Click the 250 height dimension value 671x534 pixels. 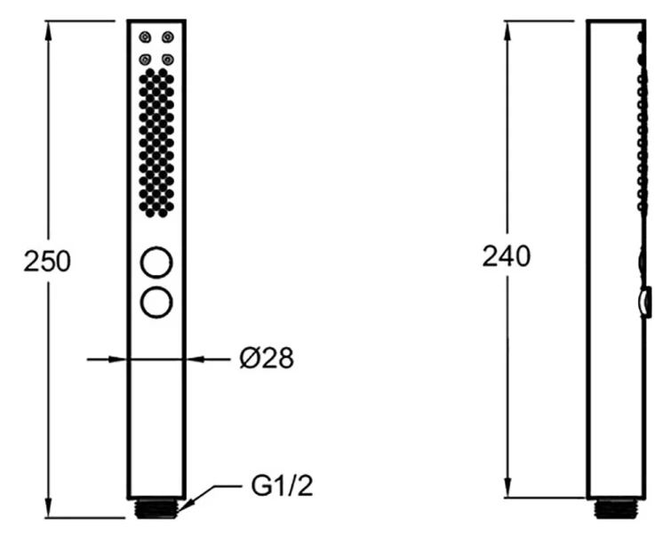tap(47, 262)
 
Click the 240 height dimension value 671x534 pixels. tap(506, 256)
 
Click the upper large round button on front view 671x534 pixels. tap(156, 263)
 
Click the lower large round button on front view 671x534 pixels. tap(156, 301)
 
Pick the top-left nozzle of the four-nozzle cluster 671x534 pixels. tap(144, 37)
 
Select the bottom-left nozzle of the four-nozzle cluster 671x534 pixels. tap(144, 60)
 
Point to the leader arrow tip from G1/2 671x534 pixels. tap(181, 509)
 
